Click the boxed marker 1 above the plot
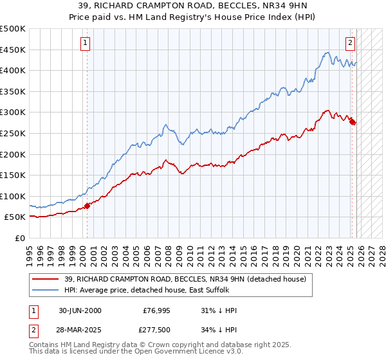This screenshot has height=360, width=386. [x=86, y=43]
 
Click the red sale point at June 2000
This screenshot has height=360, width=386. [x=88, y=206]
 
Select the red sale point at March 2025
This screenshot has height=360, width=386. [x=353, y=122]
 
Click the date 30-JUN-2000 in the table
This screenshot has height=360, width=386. [x=80, y=310]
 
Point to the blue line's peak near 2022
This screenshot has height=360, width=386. [x=327, y=53]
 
